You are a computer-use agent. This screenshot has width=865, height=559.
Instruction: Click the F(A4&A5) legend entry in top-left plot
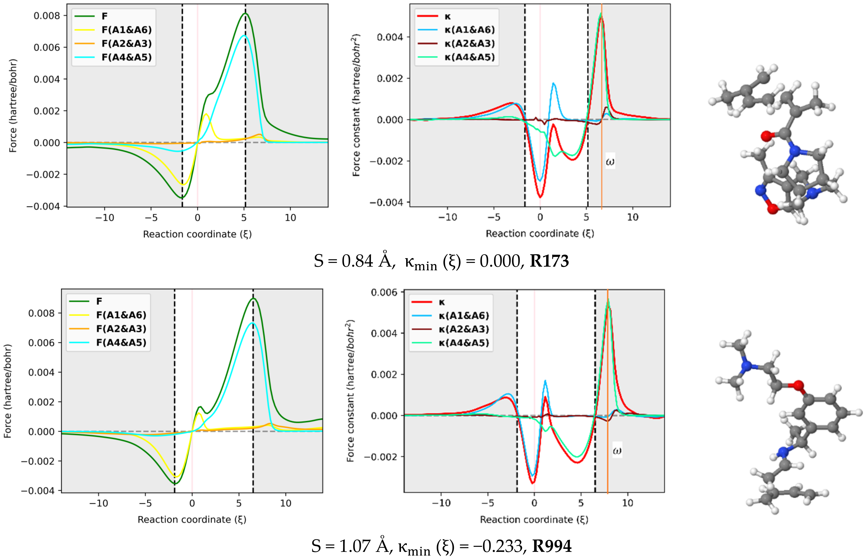click(126, 57)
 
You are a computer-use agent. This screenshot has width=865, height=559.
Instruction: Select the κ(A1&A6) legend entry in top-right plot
click(469, 30)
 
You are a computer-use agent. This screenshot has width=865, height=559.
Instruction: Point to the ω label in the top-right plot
click(610, 161)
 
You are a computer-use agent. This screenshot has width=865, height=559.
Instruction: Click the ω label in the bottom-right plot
click(617, 450)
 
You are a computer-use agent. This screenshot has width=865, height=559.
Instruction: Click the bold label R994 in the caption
click(552, 546)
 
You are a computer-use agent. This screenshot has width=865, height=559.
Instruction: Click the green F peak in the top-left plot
click(245, 14)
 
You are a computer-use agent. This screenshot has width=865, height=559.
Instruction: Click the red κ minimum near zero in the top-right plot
click(540, 197)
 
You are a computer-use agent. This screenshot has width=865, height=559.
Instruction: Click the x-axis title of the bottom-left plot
click(192, 519)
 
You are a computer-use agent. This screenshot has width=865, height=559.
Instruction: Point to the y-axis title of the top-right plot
click(356, 105)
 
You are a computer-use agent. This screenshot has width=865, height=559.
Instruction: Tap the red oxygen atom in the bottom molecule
click(798, 385)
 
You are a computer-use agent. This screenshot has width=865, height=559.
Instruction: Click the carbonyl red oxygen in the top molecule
click(767, 137)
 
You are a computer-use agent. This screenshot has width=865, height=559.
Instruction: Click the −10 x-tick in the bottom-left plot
click(99, 503)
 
